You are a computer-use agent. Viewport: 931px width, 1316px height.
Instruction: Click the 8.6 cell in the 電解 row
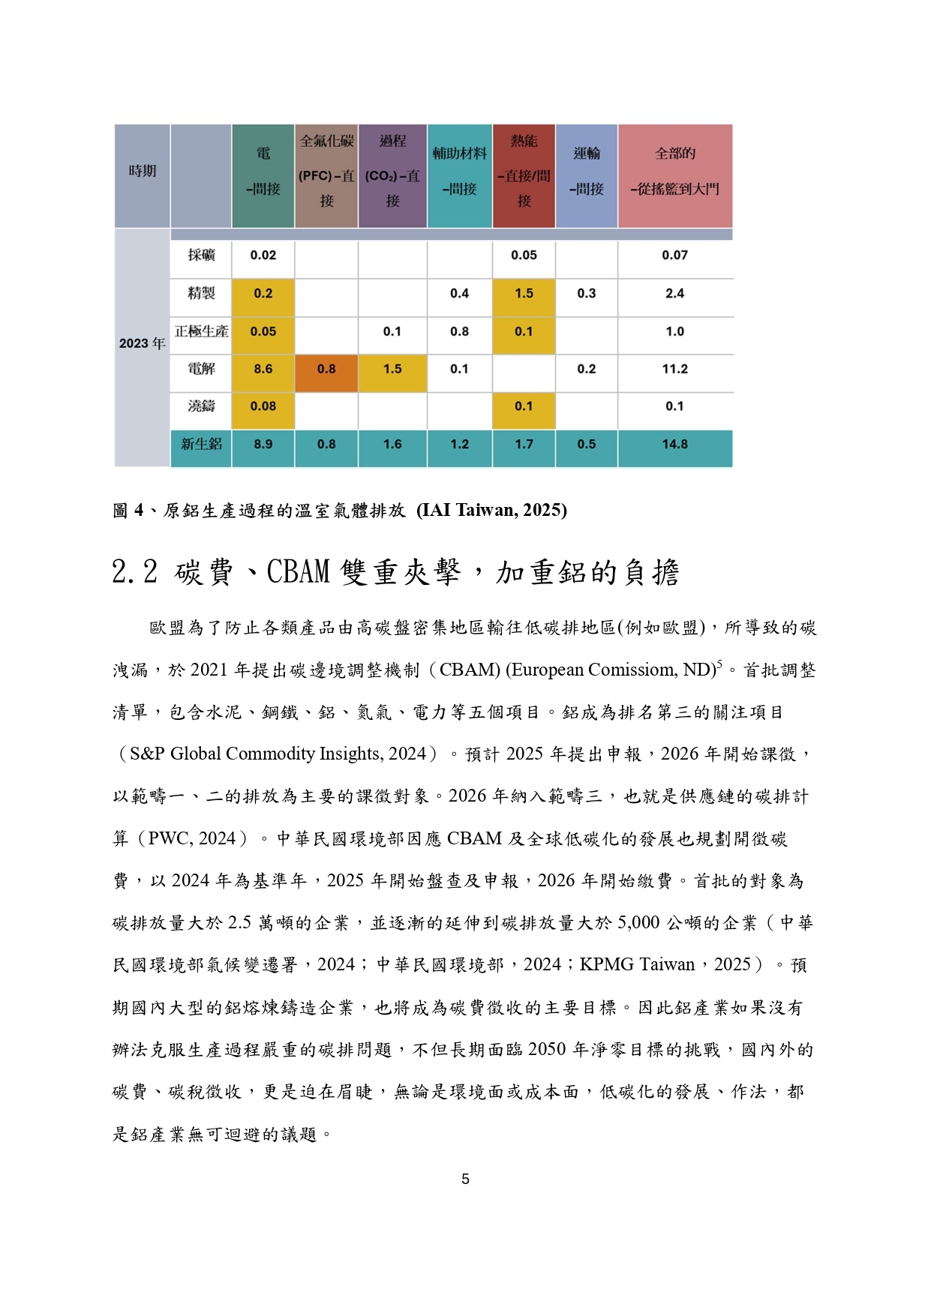(263, 369)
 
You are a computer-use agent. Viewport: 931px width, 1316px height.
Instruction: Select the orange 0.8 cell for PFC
(326, 369)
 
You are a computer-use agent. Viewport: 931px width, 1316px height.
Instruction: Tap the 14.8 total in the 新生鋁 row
(674, 444)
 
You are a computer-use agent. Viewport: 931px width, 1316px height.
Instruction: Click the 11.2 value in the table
(674, 369)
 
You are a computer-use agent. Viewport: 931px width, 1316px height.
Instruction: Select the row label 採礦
(201, 255)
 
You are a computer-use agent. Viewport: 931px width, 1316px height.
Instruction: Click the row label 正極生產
(201, 331)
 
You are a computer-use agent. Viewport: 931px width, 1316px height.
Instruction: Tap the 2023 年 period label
(142, 343)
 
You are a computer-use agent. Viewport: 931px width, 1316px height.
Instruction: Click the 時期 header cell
(142, 172)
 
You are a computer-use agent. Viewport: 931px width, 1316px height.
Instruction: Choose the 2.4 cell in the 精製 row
(674, 293)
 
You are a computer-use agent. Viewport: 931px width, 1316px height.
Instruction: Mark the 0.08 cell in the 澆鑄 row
(263, 406)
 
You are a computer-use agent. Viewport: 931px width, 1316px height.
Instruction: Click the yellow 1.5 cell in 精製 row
(524, 293)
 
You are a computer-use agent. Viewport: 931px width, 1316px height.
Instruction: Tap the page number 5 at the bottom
(465, 1179)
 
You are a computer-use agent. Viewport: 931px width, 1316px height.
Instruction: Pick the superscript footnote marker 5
(719, 664)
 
